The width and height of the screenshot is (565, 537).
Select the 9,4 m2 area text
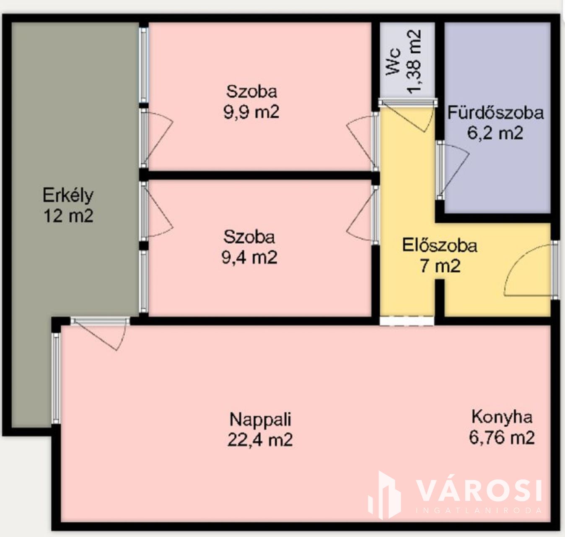[249, 257]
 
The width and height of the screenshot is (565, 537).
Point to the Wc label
[394, 62]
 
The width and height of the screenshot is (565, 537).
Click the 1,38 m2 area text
[414, 62]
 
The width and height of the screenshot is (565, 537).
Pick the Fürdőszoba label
[495, 113]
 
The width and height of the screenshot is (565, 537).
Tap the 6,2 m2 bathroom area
[495, 133]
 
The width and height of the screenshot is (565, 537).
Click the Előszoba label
[440, 246]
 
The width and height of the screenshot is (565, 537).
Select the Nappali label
[260, 420]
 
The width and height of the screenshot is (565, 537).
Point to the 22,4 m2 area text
[260, 440]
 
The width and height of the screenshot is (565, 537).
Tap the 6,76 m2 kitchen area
[502, 438]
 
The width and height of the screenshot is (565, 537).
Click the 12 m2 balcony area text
[68, 216]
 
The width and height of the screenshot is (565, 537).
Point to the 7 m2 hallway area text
[440, 266]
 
